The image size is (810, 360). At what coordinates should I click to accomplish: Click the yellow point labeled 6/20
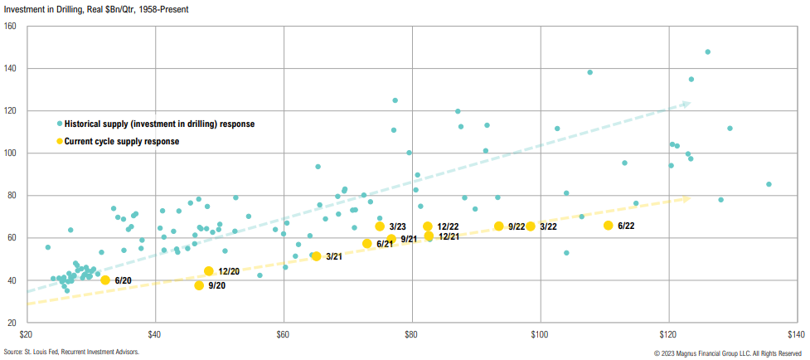point(105,280)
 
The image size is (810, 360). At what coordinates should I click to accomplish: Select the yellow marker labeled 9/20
point(199,285)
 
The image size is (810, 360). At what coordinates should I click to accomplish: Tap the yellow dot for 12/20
point(209,271)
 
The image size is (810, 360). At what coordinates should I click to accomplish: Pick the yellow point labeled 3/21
point(316,256)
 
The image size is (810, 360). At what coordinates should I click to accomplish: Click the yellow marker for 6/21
point(367,244)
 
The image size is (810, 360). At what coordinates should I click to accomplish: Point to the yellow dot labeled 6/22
point(609,226)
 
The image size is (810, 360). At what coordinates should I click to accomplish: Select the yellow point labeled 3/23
point(380,226)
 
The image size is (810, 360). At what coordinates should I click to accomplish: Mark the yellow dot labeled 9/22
point(499,226)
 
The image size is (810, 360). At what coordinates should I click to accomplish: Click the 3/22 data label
point(548,226)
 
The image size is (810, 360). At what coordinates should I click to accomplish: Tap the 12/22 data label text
point(448,226)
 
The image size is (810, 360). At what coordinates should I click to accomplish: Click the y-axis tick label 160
point(11,26)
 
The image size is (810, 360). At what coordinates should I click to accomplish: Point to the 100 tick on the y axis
point(11,153)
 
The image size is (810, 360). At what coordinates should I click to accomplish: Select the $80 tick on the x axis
point(412,335)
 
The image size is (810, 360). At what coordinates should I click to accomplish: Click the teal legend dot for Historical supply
point(60,124)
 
